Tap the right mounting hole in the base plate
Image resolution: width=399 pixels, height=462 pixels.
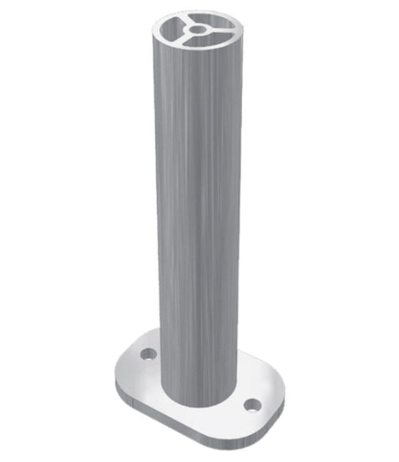pos(253,405)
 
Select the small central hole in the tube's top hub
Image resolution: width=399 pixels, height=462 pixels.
pos(196,29)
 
